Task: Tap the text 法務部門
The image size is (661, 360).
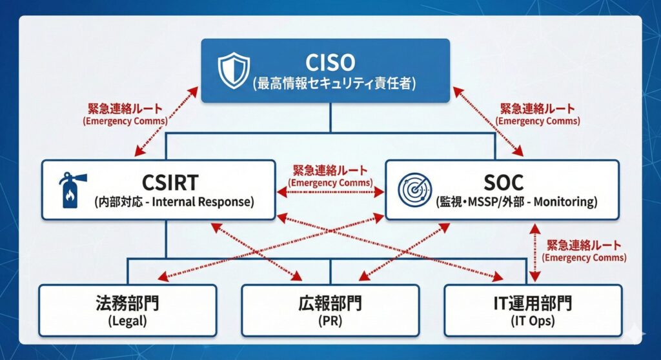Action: click(x=128, y=303)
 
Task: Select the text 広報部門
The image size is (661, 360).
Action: click(x=330, y=303)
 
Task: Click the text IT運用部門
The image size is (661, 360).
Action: click(x=533, y=303)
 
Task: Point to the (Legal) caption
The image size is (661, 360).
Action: click(x=128, y=321)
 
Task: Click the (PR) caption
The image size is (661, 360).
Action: click(x=330, y=321)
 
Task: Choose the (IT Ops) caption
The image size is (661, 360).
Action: click(x=533, y=321)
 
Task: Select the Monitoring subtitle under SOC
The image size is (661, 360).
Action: click(x=515, y=202)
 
